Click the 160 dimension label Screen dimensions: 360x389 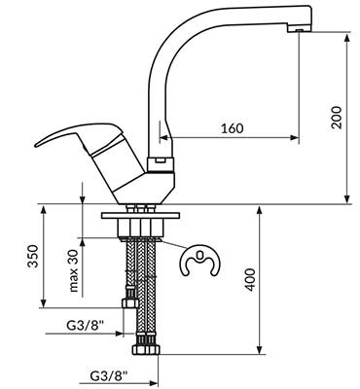pyautogui.click(x=232, y=128)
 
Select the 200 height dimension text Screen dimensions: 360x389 pyautogui.click(x=337, y=118)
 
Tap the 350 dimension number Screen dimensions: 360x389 pyautogui.click(x=33, y=256)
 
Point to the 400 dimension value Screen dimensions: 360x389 pyautogui.click(x=250, y=279)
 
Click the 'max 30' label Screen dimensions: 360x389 pyautogui.click(x=74, y=270)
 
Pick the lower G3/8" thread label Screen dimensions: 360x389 pyautogui.click(x=109, y=376)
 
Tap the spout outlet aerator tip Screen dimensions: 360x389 pyautogui.click(x=300, y=30)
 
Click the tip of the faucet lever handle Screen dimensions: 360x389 pyautogui.click(x=36, y=145)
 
